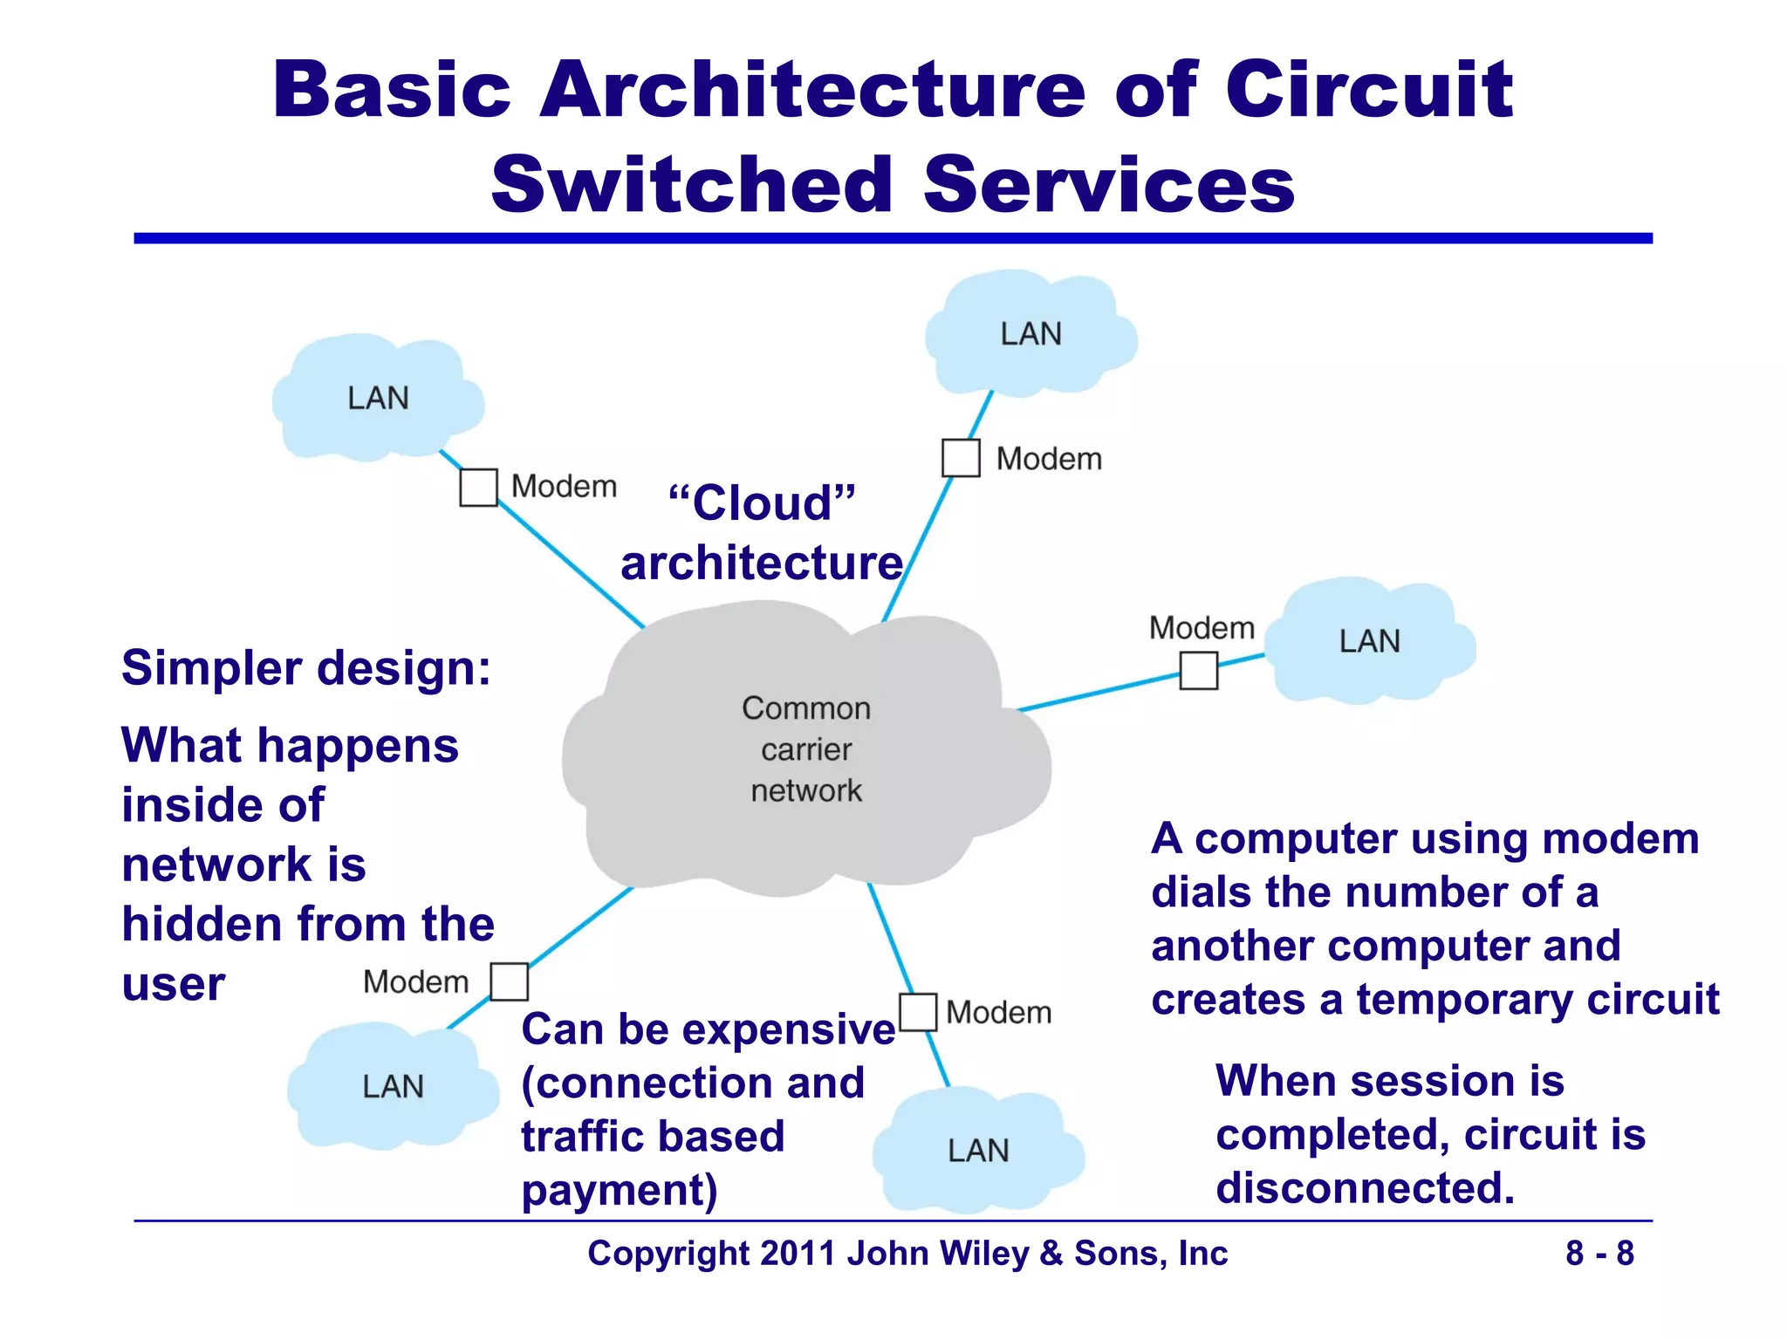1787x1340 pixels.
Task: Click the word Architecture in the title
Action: pyautogui.click(x=812, y=90)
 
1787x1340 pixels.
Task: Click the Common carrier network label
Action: pyautogui.click(x=806, y=749)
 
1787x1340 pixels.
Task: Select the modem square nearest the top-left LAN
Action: pyautogui.click(x=478, y=488)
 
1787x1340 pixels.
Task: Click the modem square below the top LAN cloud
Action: pyautogui.click(x=961, y=458)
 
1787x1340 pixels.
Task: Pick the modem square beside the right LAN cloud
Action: pyautogui.click(x=1198, y=671)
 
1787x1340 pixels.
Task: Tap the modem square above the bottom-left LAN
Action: pyautogui.click(x=509, y=981)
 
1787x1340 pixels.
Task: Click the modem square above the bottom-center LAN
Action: pyautogui.click(x=918, y=1012)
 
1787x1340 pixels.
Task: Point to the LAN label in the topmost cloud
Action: pyautogui.click(x=1030, y=334)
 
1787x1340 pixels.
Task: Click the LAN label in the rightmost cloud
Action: pyautogui.click(x=1369, y=642)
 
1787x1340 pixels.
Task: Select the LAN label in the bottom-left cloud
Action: pyautogui.click(x=393, y=1087)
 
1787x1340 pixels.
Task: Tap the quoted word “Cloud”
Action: pyautogui.click(x=761, y=503)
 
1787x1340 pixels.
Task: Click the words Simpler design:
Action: pyautogui.click(x=306, y=668)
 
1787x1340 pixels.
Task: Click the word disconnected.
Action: pyautogui.click(x=1365, y=1188)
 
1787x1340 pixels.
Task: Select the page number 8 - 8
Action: pyautogui.click(x=1599, y=1254)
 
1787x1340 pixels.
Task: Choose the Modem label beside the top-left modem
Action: pyautogui.click(x=564, y=487)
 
